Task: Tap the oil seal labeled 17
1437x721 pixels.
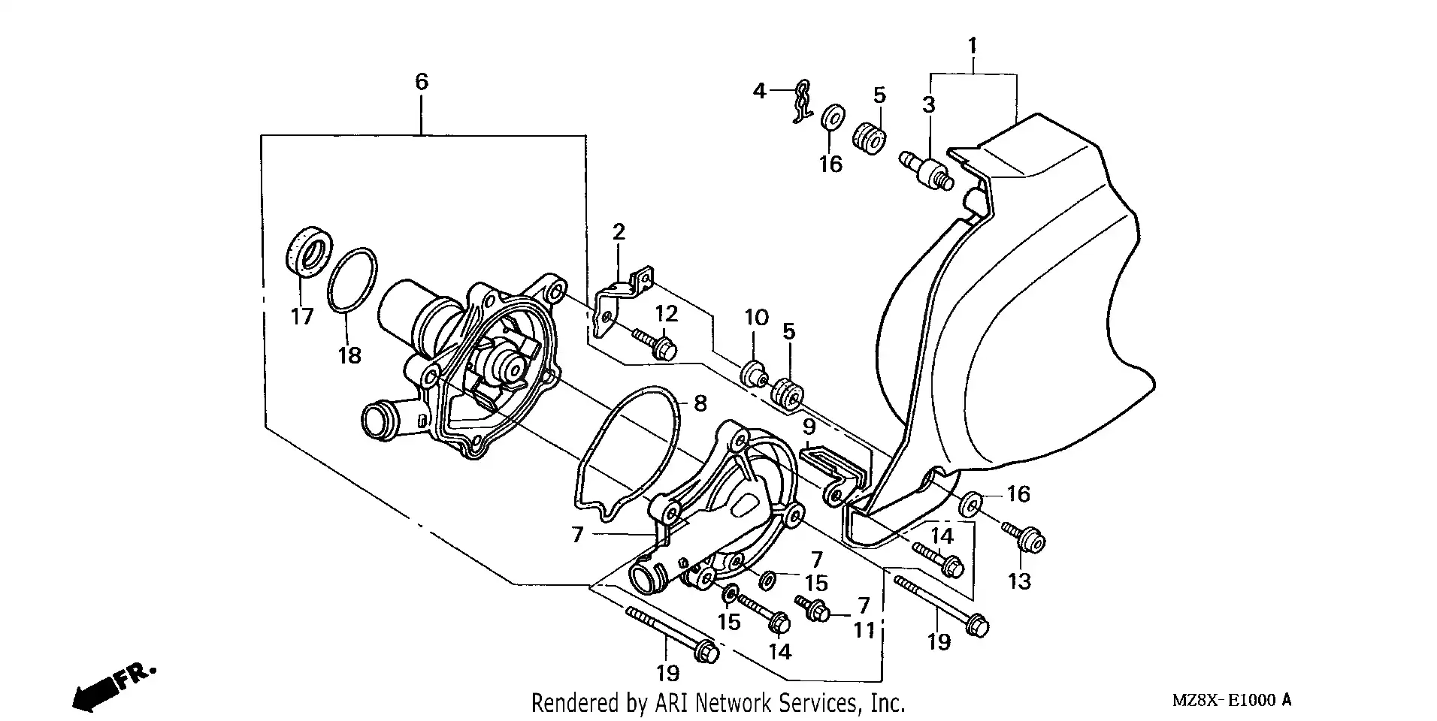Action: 307,250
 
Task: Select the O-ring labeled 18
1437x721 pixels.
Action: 352,279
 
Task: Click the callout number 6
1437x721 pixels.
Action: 421,81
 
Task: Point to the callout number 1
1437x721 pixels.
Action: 972,46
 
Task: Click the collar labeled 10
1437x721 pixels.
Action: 753,373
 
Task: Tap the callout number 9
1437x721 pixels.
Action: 809,427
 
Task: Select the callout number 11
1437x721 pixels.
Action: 864,629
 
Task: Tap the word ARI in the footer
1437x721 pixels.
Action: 671,704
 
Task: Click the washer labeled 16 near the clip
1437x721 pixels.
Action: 831,120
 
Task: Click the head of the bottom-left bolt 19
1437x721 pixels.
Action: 706,653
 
